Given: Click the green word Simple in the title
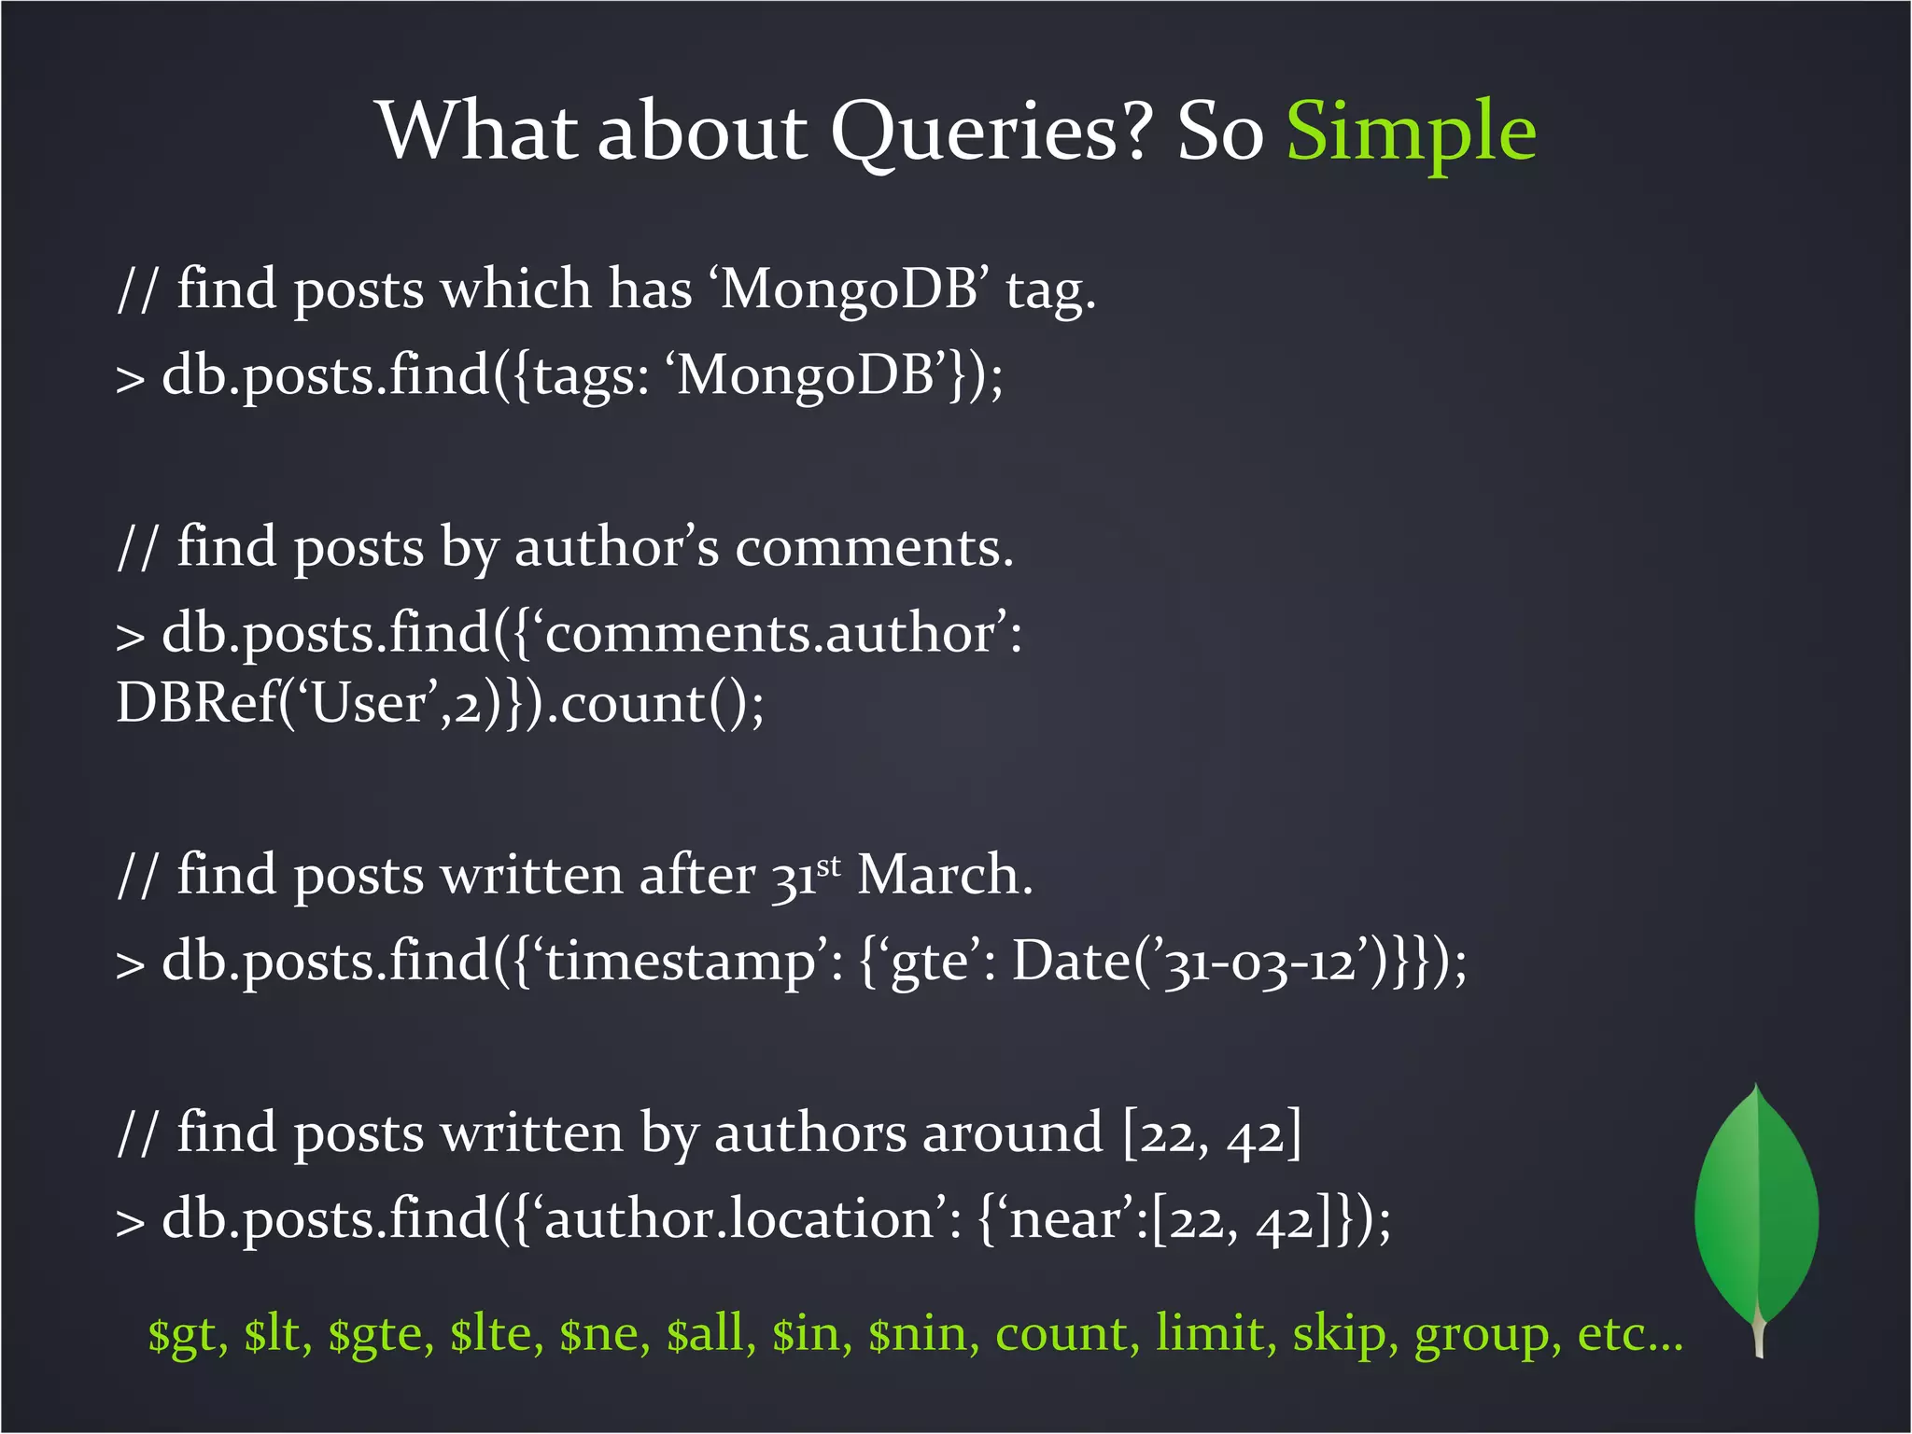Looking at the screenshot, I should [x=1411, y=133].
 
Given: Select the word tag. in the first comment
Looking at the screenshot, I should [x=1050, y=290].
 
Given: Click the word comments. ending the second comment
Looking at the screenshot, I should [x=874, y=548].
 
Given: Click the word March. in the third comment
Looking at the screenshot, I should [x=944, y=876].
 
